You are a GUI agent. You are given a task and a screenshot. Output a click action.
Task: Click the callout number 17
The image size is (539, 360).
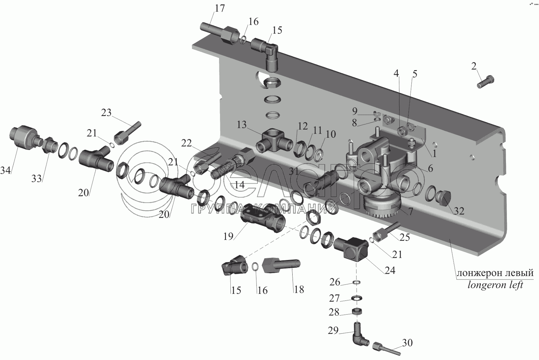[220, 8]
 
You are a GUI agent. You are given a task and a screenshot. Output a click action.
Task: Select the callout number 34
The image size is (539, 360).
[6, 171]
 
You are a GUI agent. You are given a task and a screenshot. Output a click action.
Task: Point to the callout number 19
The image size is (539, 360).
[228, 236]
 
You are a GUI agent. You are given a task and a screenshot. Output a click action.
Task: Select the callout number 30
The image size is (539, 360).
[407, 342]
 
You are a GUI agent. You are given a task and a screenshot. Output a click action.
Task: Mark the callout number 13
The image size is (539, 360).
[242, 125]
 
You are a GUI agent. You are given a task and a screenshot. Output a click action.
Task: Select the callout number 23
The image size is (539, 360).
[106, 112]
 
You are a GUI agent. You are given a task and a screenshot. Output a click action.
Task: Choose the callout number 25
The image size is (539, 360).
[405, 237]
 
